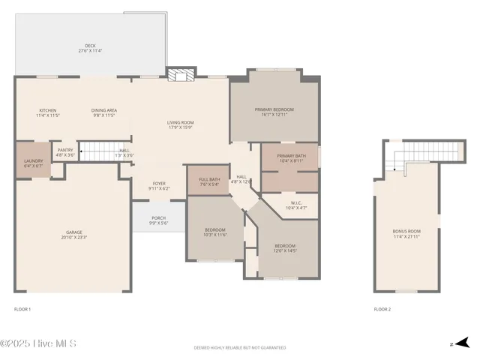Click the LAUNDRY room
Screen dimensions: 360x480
coord(33,163)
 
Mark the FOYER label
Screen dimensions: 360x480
coord(159,184)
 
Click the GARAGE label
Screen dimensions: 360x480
coord(73,233)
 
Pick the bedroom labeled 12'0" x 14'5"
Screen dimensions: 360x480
coord(285,247)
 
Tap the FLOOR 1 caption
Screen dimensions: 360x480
coord(22,309)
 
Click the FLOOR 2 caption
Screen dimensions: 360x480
coord(382,309)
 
